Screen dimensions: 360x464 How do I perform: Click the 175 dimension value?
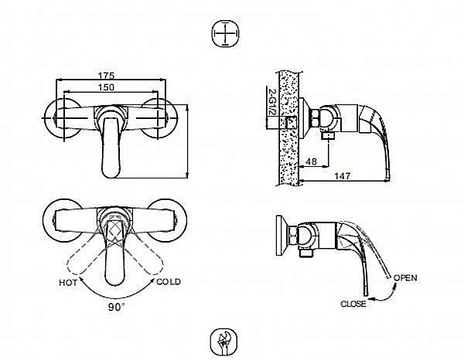pos(107,75)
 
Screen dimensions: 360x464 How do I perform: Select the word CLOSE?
pos(353,304)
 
